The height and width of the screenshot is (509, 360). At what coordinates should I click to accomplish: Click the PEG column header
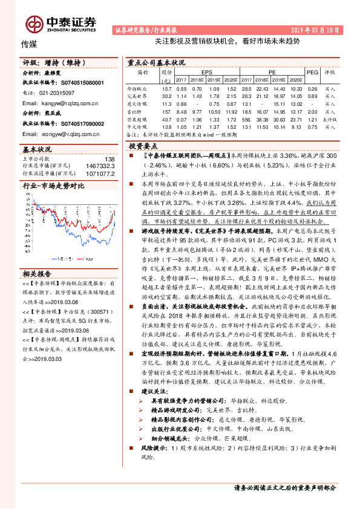pyautogui.click(x=312, y=71)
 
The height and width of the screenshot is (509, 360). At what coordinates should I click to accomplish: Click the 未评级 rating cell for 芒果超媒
pyautogui.click(x=330, y=120)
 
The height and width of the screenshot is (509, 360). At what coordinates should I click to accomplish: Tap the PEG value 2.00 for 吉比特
pyautogui.click(x=312, y=112)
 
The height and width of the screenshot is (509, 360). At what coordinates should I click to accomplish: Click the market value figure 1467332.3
pyautogui.click(x=100, y=165)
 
